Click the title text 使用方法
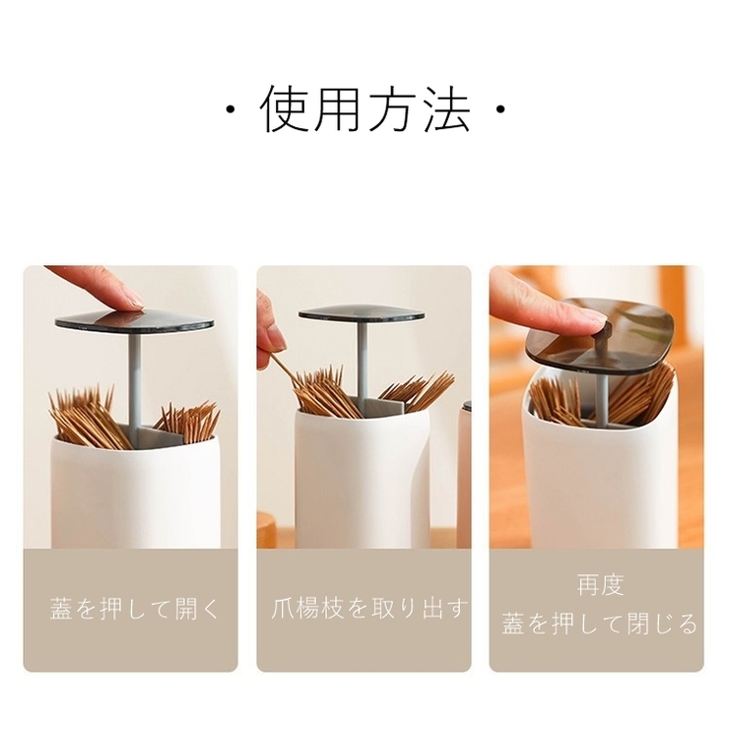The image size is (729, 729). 364,109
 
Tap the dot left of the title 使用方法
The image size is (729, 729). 230,110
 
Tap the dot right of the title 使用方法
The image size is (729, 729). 500,110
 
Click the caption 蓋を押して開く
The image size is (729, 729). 134,608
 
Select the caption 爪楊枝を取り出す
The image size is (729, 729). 367,608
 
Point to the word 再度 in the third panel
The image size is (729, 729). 600,585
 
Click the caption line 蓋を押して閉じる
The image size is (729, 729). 600,624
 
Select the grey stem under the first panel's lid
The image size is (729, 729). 133,379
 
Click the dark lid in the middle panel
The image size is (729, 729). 363,313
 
